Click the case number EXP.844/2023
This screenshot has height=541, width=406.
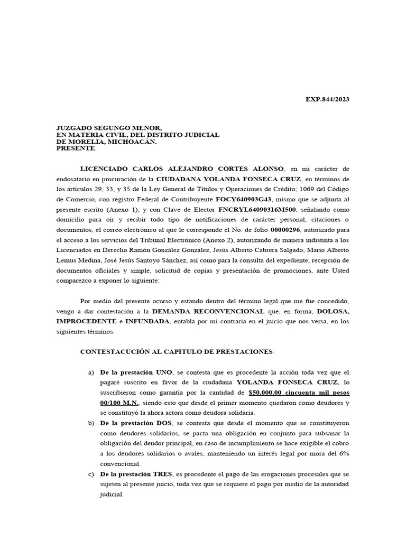(328, 99)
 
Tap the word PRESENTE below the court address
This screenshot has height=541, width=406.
(76, 148)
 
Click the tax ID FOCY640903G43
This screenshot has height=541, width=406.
(243, 200)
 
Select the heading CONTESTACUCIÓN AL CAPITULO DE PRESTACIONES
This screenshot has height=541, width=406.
(177, 351)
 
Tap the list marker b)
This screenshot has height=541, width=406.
(90, 424)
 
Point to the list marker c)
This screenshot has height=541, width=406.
(90, 474)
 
